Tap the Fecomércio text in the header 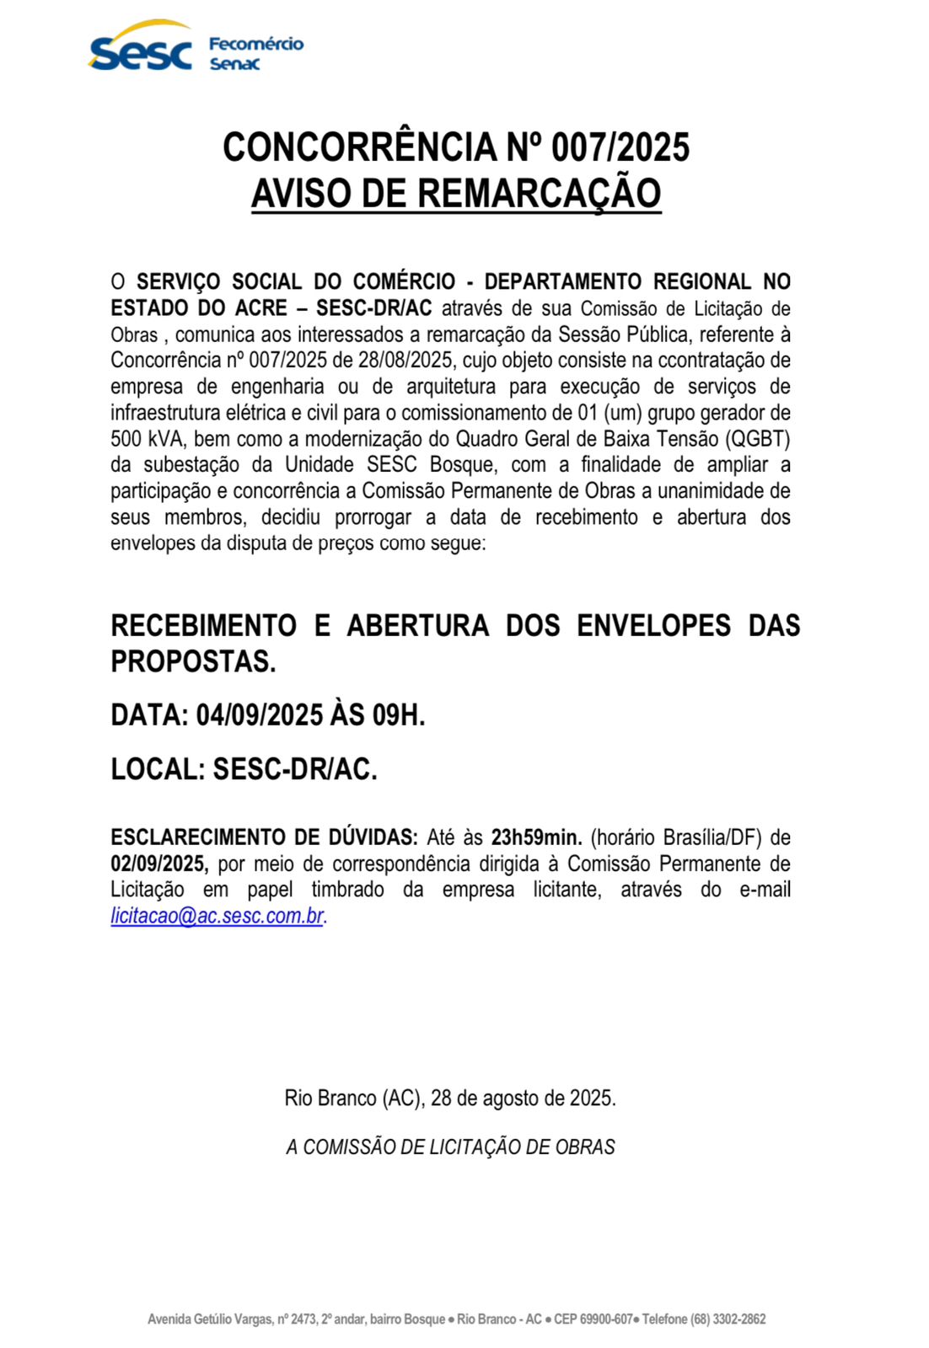(256, 44)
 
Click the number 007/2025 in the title (620, 147)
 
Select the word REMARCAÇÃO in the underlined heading (539, 193)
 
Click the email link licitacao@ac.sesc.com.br (217, 916)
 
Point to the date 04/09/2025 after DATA (260, 715)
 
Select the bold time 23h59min (536, 837)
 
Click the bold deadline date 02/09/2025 (158, 864)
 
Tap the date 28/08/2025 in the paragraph (405, 361)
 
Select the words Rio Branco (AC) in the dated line (354, 1099)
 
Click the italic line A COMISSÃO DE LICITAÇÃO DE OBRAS (451, 1147)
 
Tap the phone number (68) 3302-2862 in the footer (728, 1319)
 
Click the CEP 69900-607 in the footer (593, 1319)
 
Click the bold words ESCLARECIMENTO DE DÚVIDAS (264, 837)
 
